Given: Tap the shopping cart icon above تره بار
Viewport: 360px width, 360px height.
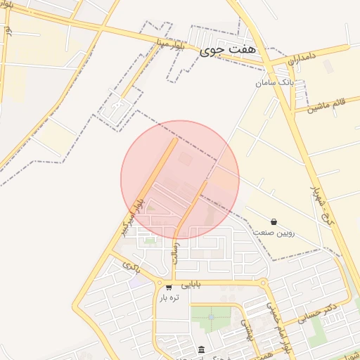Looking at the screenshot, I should pyautogui.click(x=169, y=287).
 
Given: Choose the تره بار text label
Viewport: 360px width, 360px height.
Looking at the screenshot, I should pyautogui.click(x=170, y=297).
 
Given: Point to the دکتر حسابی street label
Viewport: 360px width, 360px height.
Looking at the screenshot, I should pyautogui.click(x=318, y=311).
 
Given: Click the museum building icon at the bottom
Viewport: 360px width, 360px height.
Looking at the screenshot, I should pyautogui.click(x=202, y=350).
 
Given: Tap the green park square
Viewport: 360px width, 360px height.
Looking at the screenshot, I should pyautogui.click(x=211, y=321).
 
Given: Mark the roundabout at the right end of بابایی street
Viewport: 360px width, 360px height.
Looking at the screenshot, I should pyautogui.click(x=264, y=284).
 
